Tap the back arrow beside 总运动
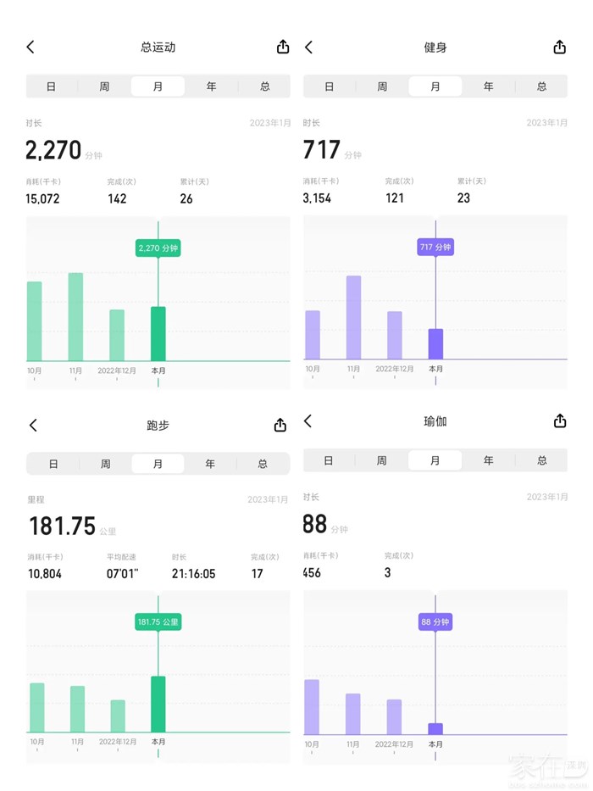(30, 47)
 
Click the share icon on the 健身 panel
(559, 47)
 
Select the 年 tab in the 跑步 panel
(210, 464)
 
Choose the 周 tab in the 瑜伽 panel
(382, 460)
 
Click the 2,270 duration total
(53, 151)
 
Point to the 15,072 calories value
(42, 198)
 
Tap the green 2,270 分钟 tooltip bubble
(158, 248)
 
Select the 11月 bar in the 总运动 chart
(75, 316)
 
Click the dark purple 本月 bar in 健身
(435, 343)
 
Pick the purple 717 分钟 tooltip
(435, 247)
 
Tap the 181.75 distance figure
(63, 526)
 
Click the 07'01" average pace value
(123, 574)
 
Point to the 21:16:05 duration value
(193, 574)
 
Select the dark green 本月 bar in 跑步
(158, 704)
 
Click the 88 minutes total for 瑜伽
(315, 524)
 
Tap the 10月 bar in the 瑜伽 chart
(312, 706)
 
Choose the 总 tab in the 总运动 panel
(264, 86)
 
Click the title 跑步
(158, 425)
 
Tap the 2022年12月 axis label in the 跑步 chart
(117, 742)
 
